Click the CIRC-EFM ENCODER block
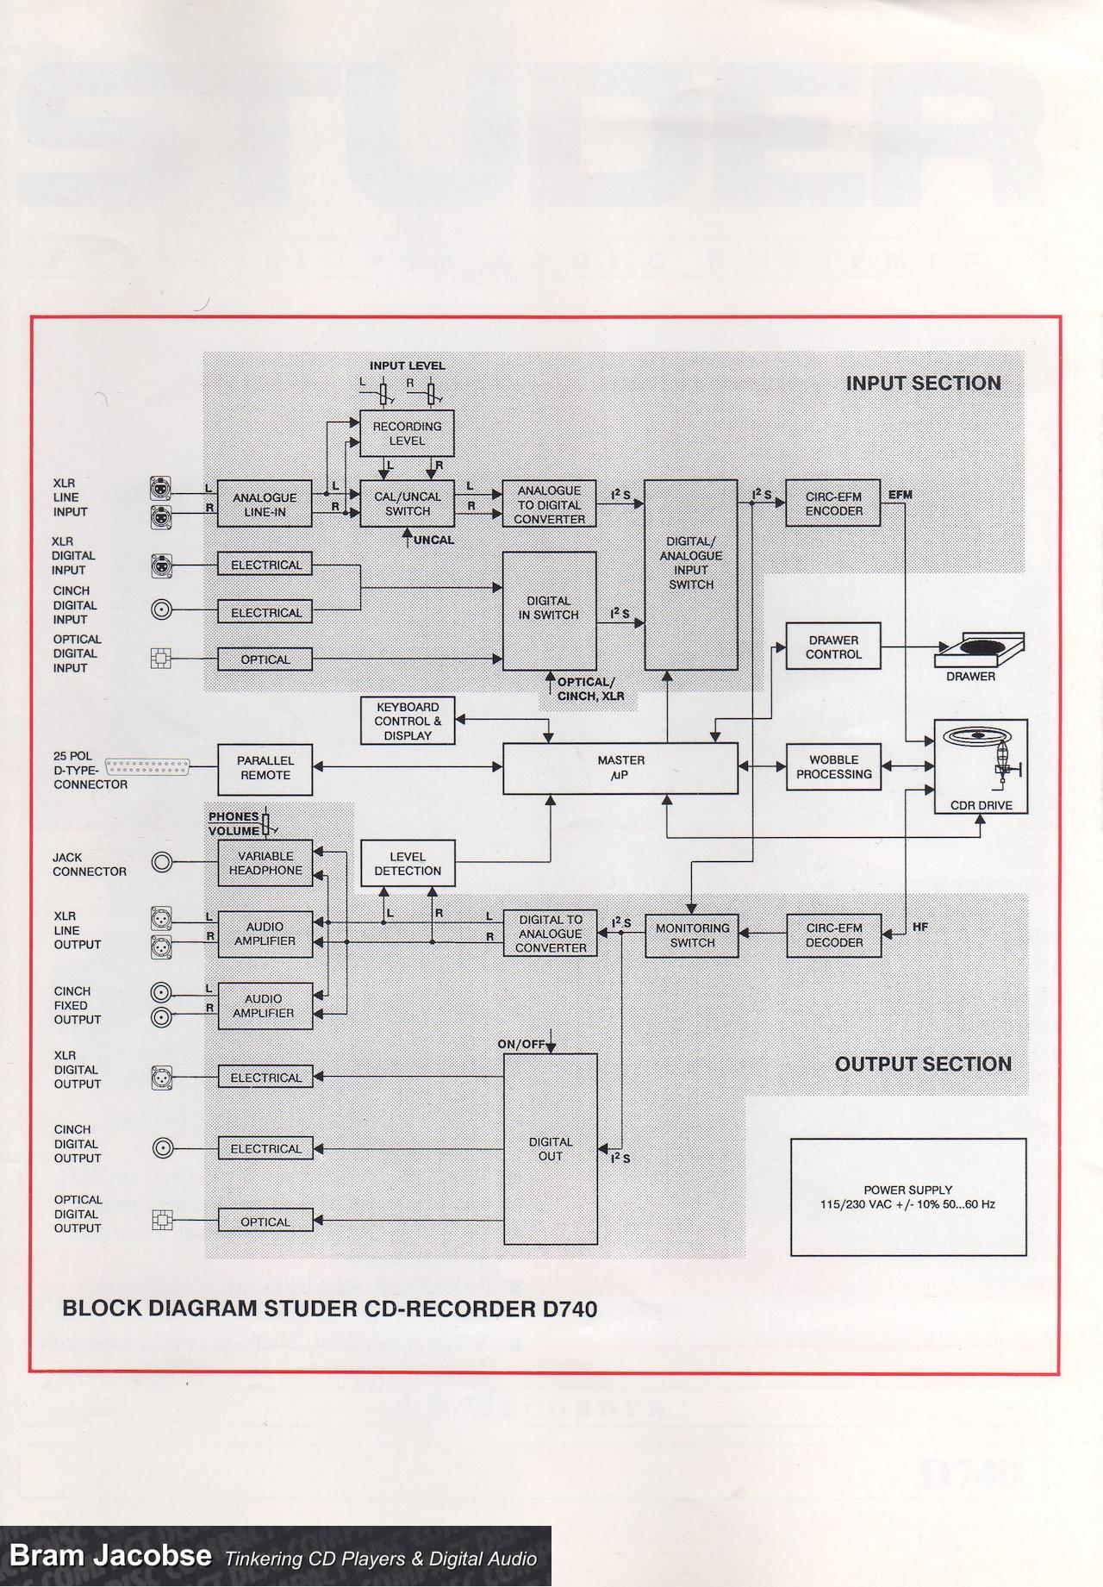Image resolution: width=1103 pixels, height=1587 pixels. click(833, 503)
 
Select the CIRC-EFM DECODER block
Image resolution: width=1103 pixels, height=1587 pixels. click(833, 935)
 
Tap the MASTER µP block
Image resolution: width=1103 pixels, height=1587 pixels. click(620, 768)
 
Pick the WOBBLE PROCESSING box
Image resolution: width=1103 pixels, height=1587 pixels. click(833, 767)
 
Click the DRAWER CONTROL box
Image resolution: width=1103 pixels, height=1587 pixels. click(833, 647)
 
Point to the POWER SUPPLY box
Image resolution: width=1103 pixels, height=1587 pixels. click(908, 1196)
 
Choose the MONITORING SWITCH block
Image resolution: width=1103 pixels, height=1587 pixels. click(692, 935)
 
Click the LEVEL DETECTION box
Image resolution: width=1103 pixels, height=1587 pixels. click(408, 864)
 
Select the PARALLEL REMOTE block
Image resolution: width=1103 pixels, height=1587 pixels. click(265, 768)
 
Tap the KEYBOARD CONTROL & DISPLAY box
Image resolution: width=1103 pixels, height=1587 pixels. click(408, 722)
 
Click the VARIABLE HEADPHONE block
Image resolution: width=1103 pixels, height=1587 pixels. click(265, 863)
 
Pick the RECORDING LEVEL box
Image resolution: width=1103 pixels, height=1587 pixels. click(407, 434)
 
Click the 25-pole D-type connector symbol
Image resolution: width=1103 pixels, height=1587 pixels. click(147, 765)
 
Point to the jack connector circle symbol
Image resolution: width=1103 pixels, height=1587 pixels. click(162, 861)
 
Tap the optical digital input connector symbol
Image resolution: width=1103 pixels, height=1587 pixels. click(161, 659)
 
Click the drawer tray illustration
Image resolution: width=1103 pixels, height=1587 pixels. click(979, 650)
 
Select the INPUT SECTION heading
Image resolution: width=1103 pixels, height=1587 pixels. click(923, 384)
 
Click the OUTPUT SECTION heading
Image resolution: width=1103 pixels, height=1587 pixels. click(923, 1064)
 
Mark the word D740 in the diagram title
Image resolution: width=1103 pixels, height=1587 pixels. click(570, 1309)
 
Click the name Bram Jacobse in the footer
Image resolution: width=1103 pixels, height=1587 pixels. click(110, 1555)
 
